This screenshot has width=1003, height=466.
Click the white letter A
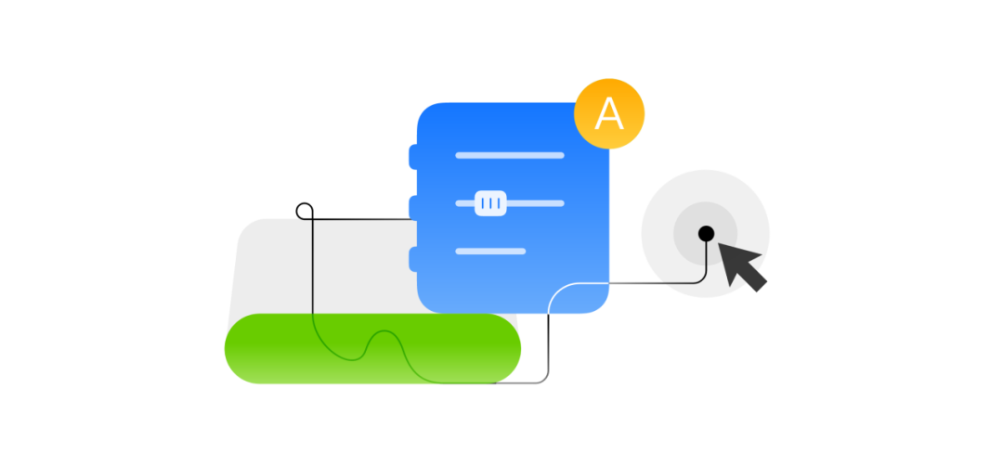coord(609,114)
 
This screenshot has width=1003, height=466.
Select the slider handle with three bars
coord(490,202)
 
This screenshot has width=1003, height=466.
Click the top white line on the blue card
coord(510,155)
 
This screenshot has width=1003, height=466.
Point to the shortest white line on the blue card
coord(490,251)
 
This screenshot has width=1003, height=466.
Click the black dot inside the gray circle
coord(706,232)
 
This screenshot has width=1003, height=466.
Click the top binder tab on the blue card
coord(413,157)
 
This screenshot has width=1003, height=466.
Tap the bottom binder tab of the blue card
coord(413,259)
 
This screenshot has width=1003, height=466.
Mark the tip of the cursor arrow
coord(721,245)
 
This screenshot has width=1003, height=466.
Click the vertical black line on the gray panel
coord(313,269)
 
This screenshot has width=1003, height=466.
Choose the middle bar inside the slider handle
coord(490,202)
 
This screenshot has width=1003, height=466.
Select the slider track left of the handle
coord(464,202)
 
